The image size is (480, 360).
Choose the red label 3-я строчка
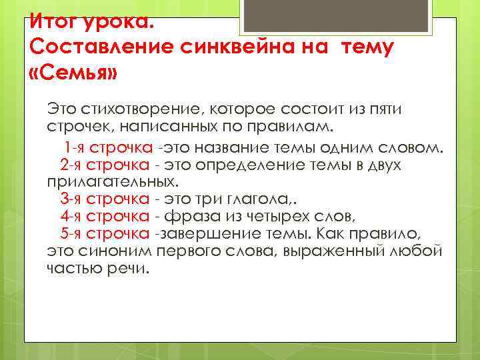coord(104,199)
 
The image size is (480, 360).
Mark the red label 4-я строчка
coord(104,216)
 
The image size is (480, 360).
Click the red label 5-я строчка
coord(104,233)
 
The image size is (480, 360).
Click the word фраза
coord(186,216)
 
